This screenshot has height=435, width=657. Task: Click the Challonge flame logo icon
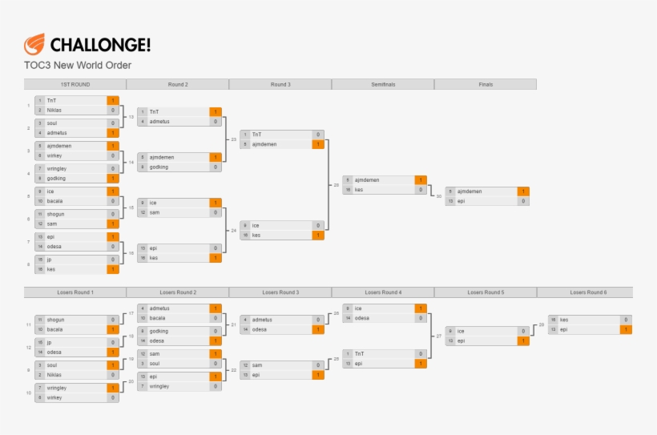pyautogui.click(x=34, y=44)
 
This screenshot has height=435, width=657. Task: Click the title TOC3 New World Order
pyautogui.click(x=78, y=65)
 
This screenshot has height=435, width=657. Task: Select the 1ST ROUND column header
pyautogui.click(x=75, y=84)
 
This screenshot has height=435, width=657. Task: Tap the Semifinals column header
pyautogui.click(x=382, y=84)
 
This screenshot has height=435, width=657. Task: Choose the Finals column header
pyautogui.click(x=486, y=84)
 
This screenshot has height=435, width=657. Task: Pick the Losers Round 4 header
pyautogui.click(x=382, y=292)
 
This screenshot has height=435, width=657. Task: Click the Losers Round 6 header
pyautogui.click(x=588, y=292)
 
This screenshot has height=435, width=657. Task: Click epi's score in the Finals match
pyautogui.click(x=523, y=201)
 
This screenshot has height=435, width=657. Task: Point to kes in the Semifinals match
pyautogui.click(x=359, y=190)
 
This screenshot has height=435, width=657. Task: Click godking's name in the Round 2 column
pyautogui.click(x=159, y=167)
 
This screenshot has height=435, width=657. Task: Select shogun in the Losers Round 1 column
pyautogui.click(x=55, y=320)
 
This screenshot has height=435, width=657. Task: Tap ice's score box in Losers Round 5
pyautogui.click(x=523, y=331)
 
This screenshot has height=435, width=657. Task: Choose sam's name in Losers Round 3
pyautogui.click(x=257, y=365)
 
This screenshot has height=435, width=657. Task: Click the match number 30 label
pyautogui.click(x=438, y=196)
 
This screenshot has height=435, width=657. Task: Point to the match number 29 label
pyautogui.click(x=542, y=324)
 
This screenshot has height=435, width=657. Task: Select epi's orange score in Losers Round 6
pyautogui.click(x=626, y=329)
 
